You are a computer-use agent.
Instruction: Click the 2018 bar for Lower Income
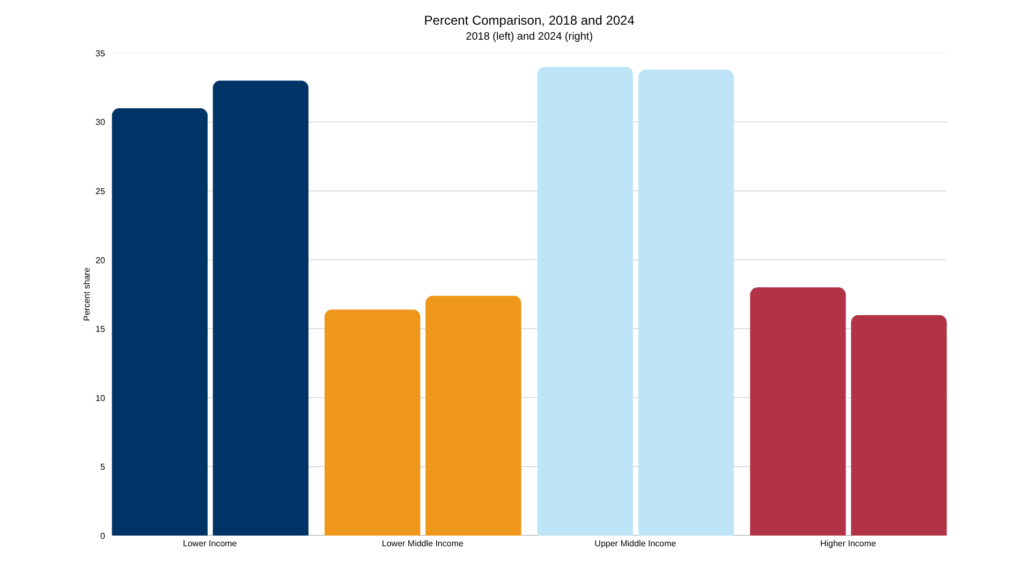click(x=159, y=322)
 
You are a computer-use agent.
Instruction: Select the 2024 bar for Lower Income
click(x=260, y=308)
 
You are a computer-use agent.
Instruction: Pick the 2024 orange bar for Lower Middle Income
click(x=473, y=415)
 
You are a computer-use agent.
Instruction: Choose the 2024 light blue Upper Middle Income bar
click(x=686, y=303)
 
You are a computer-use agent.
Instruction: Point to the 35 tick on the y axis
click(x=100, y=54)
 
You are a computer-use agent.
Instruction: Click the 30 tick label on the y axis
click(x=100, y=122)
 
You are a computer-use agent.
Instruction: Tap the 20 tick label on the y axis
click(x=100, y=261)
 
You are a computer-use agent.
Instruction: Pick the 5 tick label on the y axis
click(x=102, y=467)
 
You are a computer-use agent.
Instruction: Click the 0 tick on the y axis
click(x=102, y=536)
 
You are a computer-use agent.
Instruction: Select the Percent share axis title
click(x=87, y=294)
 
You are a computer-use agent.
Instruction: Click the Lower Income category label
click(x=210, y=544)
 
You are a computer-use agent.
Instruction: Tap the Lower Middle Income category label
click(x=422, y=544)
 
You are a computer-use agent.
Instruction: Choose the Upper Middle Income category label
click(x=635, y=544)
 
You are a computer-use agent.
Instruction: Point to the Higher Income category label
click(x=848, y=544)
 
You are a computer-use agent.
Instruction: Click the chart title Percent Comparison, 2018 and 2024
click(x=529, y=20)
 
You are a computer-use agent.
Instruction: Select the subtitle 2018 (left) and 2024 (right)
click(x=529, y=36)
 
